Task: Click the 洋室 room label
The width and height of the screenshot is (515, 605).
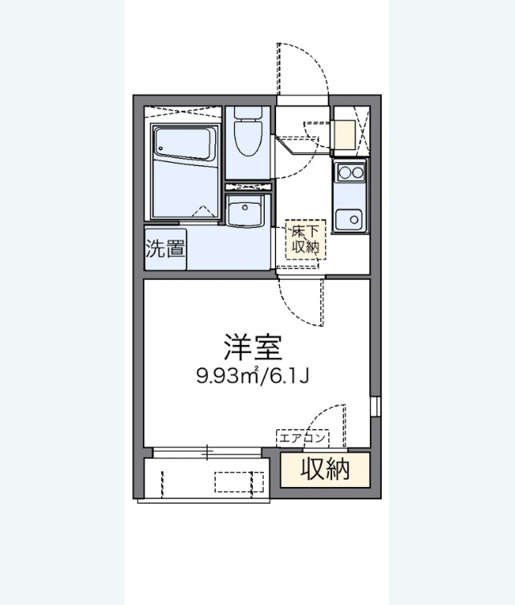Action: pyautogui.click(x=253, y=347)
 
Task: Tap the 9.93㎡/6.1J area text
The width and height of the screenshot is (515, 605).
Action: pyautogui.click(x=253, y=375)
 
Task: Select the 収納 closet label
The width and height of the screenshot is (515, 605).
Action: pyautogui.click(x=326, y=469)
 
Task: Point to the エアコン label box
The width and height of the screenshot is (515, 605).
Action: pyautogui.click(x=303, y=438)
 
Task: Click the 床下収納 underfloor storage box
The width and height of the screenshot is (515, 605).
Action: pyautogui.click(x=306, y=238)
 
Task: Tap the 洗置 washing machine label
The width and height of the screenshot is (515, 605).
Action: pyautogui.click(x=165, y=248)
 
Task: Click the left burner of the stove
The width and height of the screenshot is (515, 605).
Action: pyautogui.click(x=343, y=170)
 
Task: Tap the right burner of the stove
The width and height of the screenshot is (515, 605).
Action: pyautogui.click(x=356, y=170)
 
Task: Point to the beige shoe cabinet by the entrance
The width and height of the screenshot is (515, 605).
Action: pyautogui.click(x=344, y=134)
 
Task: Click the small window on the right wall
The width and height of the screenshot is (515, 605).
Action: pyautogui.click(x=375, y=406)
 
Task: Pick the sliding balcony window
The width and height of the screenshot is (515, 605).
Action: pyautogui.click(x=207, y=453)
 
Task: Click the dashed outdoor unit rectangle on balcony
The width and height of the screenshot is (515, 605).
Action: pyautogui.click(x=238, y=481)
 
